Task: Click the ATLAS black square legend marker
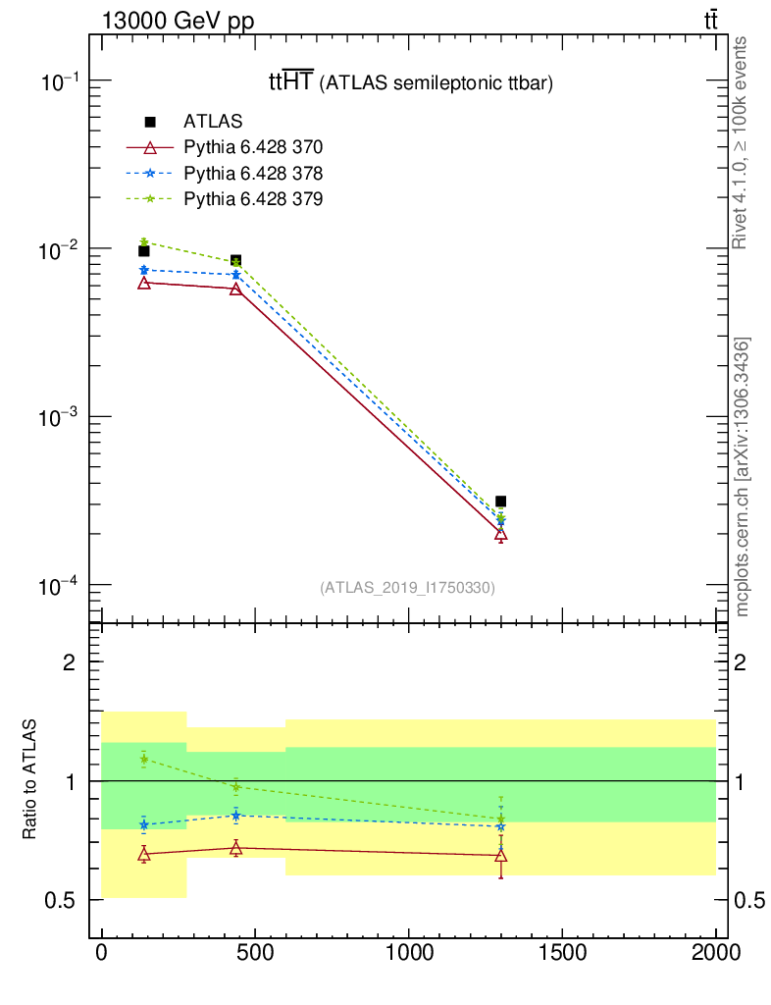pyautogui.click(x=150, y=122)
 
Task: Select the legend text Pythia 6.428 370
pyautogui.click(x=253, y=148)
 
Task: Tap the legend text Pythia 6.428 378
pyautogui.click(x=253, y=174)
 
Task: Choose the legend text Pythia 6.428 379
pyautogui.click(x=253, y=199)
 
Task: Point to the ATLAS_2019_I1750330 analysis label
pyautogui.click(x=407, y=588)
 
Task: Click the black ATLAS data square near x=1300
pyautogui.click(x=501, y=502)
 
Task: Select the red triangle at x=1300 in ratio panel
pyautogui.click(x=501, y=855)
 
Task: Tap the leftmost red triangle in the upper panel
pyautogui.click(x=144, y=283)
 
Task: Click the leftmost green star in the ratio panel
pyautogui.click(x=144, y=759)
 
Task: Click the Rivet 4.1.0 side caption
pyautogui.click(x=741, y=142)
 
